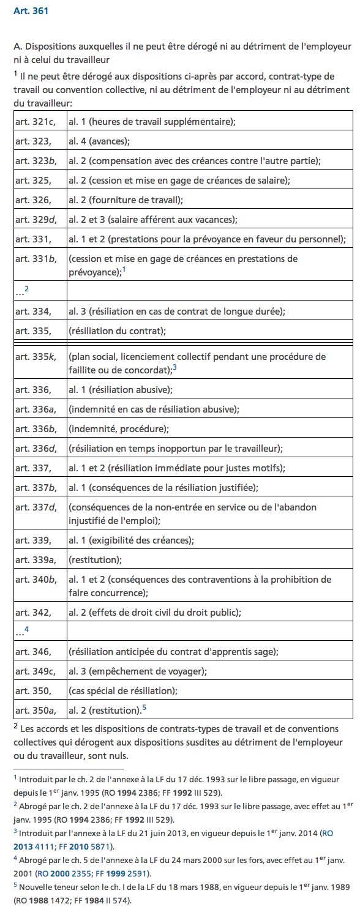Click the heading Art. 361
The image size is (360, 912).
[x=31, y=11]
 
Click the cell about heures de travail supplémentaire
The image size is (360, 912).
[x=152, y=122]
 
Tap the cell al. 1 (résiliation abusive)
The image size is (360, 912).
[x=121, y=389]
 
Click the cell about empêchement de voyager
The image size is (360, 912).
[x=138, y=671]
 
